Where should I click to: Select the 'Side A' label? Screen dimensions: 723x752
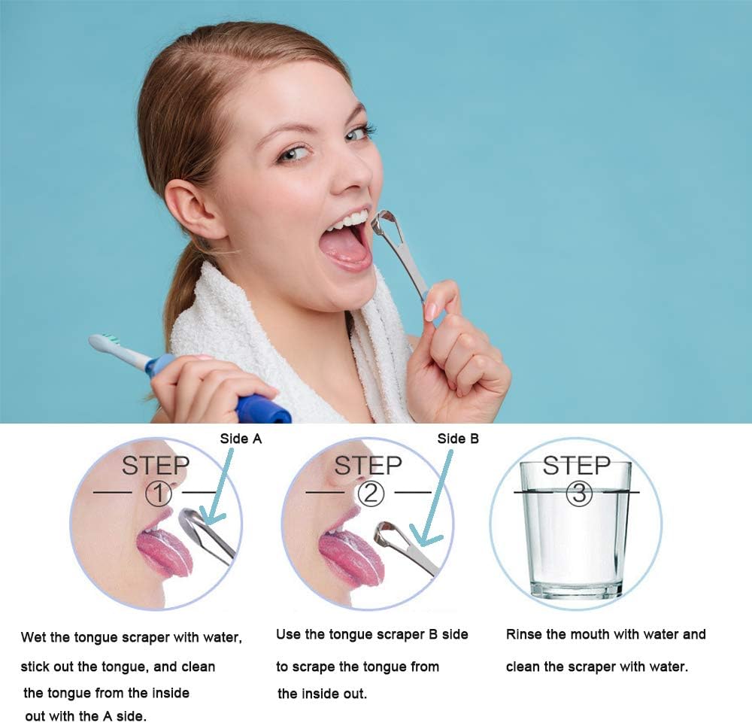click(x=241, y=438)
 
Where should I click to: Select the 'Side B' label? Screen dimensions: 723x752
click(x=458, y=438)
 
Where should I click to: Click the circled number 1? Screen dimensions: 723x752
click(x=158, y=494)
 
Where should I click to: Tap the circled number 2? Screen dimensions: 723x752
click(x=370, y=494)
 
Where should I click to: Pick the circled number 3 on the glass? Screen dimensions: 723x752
click(x=580, y=494)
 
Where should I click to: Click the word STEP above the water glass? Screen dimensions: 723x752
click(x=577, y=466)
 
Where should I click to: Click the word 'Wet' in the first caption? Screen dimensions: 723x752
click(x=34, y=637)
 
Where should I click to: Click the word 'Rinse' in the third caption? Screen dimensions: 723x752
click(x=524, y=634)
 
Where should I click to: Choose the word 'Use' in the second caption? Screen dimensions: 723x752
click(x=288, y=634)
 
